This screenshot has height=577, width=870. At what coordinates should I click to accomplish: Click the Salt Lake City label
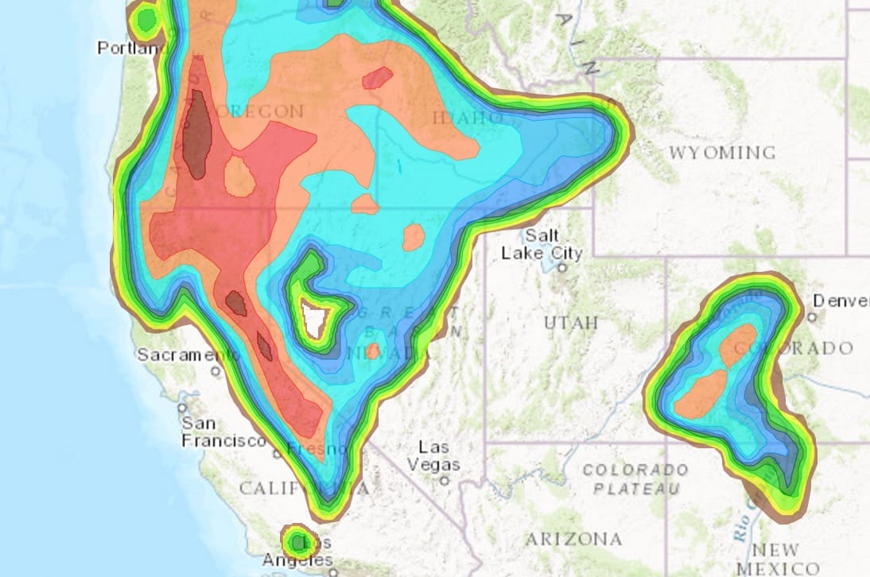point(542,245)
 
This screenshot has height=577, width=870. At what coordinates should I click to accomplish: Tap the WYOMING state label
point(721,152)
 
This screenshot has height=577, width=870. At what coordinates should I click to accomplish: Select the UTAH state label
point(571,323)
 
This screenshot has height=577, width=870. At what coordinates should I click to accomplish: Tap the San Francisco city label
point(222,432)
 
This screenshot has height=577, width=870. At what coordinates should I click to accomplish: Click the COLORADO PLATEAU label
point(635,478)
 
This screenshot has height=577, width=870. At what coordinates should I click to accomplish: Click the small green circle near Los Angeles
point(298,542)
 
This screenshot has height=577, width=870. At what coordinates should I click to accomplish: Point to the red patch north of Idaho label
point(377,78)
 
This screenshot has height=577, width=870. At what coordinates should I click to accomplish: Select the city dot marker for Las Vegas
point(445,480)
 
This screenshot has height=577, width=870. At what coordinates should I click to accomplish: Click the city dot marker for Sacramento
point(216,370)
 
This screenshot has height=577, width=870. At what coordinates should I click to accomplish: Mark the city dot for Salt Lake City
point(561,268)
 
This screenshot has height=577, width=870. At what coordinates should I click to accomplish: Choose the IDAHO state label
point(465,118)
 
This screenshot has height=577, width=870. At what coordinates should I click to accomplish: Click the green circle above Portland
point(145,19)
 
